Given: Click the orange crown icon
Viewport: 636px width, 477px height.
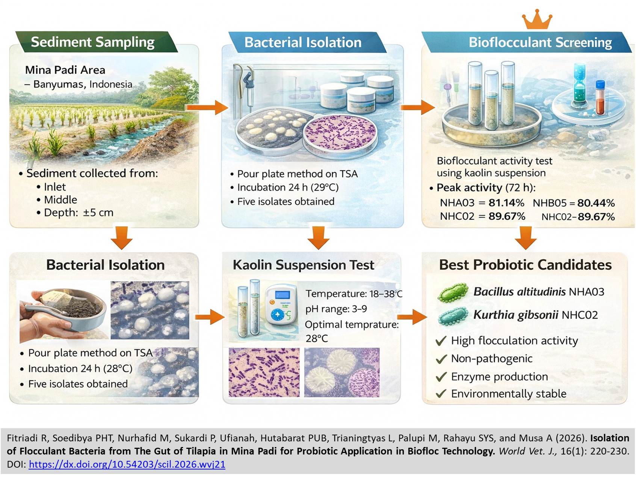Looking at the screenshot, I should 537,20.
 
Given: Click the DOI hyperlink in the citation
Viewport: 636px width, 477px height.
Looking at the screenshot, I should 127,464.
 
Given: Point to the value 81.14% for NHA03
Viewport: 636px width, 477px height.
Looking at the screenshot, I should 506,203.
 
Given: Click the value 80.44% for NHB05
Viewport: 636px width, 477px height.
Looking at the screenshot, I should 596,203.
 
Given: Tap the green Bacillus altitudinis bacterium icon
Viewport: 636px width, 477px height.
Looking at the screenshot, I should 453,293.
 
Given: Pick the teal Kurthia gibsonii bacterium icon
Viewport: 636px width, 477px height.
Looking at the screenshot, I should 453,316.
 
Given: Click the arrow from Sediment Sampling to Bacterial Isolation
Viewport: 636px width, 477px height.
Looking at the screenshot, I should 207,108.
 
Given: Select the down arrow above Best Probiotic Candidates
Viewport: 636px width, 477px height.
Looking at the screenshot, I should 525,238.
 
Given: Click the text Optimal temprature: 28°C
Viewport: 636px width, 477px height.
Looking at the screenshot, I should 351,331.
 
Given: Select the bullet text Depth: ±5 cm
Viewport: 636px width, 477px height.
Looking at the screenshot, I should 79,212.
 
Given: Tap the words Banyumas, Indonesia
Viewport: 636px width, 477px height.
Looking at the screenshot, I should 83,84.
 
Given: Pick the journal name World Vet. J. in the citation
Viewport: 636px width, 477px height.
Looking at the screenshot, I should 527,451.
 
